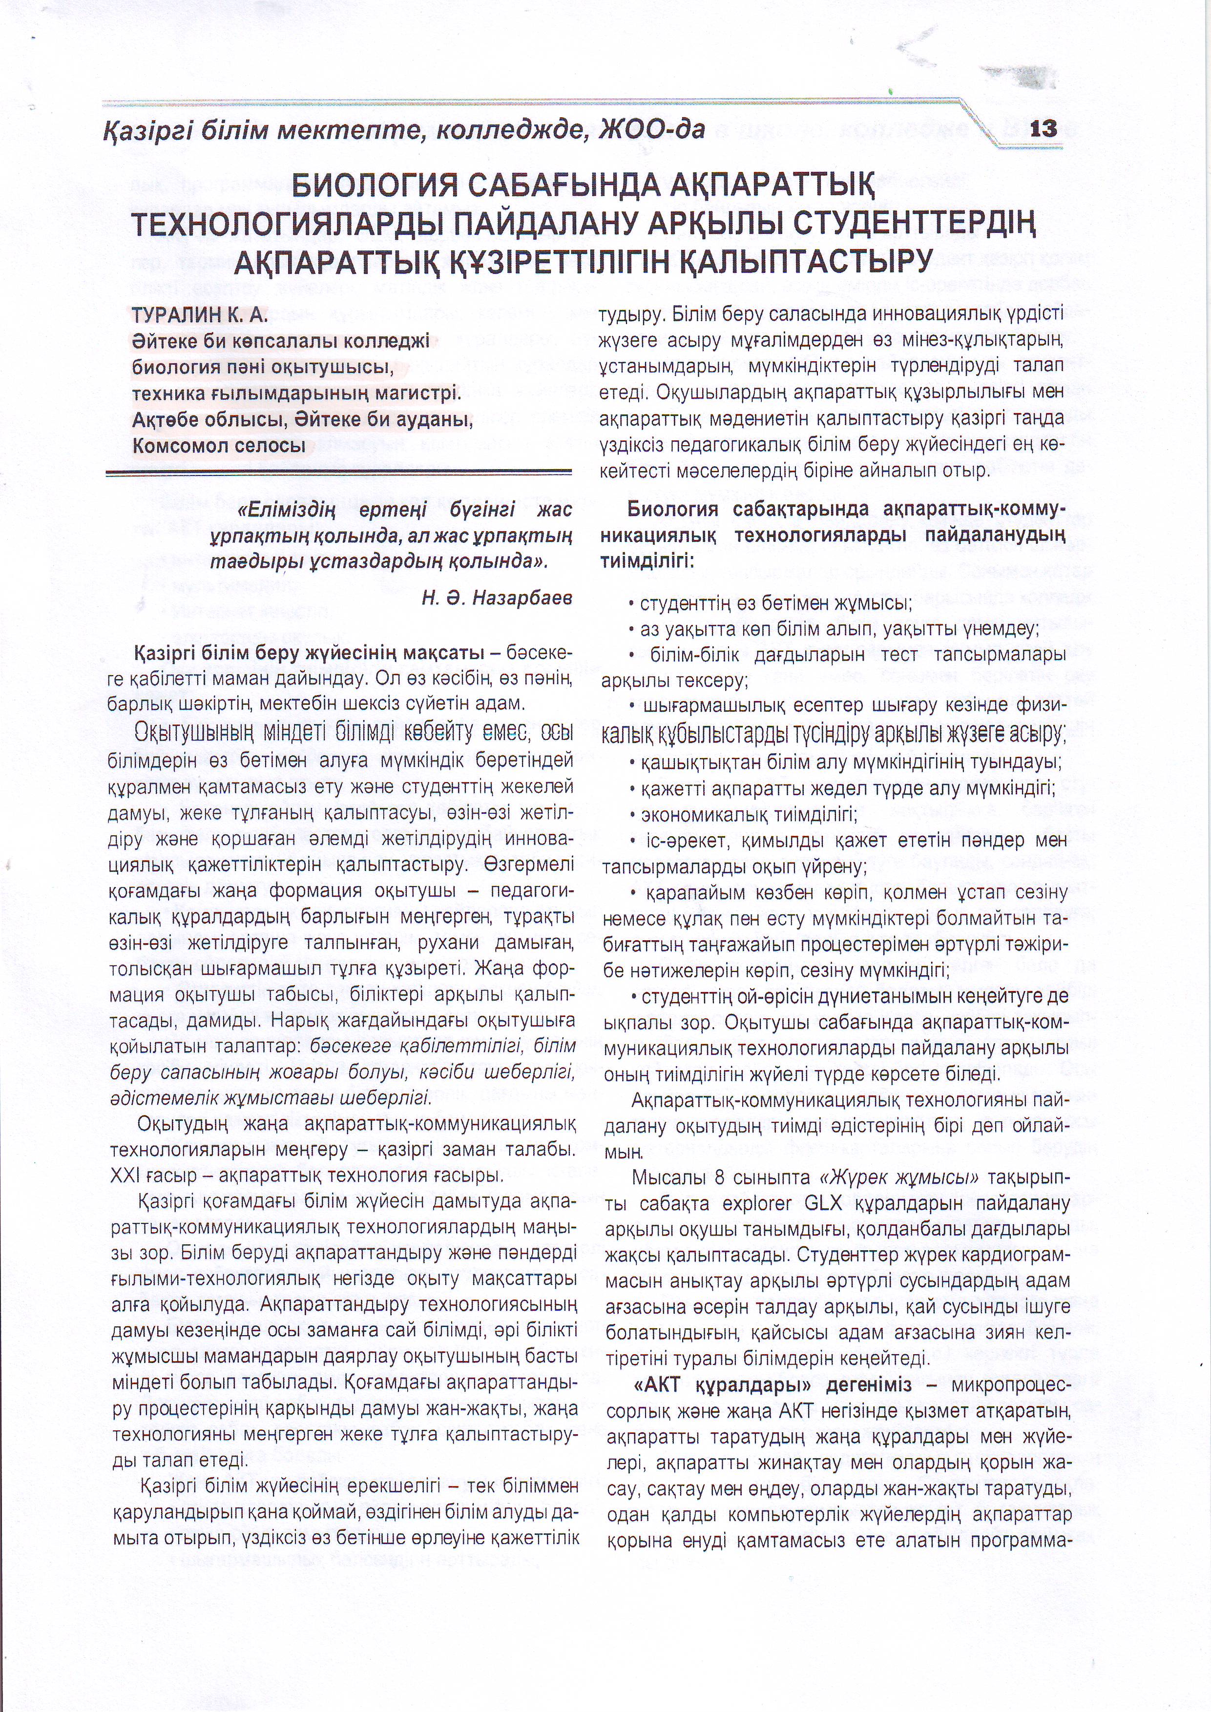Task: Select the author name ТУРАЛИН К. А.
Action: pyautogui.click(x=199, y=315)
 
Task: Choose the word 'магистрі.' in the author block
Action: pyautogui.click(x=418, y=393)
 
